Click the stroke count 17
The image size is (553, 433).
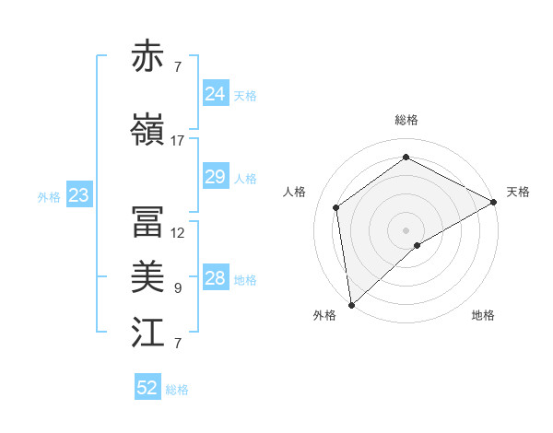(178, 141)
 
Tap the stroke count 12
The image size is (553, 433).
(178, 233)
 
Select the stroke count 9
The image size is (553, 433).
(178, 288)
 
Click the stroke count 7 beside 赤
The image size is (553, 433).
(178, 67)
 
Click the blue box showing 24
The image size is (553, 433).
(215, 94)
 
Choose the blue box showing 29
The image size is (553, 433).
(215, 177)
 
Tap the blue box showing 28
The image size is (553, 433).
(215, 278)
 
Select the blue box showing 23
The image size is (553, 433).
(78, 195)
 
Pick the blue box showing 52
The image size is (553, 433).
(147, 388)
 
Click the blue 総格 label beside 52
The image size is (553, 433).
(178, 390)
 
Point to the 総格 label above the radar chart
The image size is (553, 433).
(406, 120)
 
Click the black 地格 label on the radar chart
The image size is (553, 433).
(483, 315)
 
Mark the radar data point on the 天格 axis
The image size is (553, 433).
(494, 202)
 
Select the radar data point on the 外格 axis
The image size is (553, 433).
(351, 305)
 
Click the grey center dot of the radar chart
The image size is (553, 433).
(406, 229)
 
